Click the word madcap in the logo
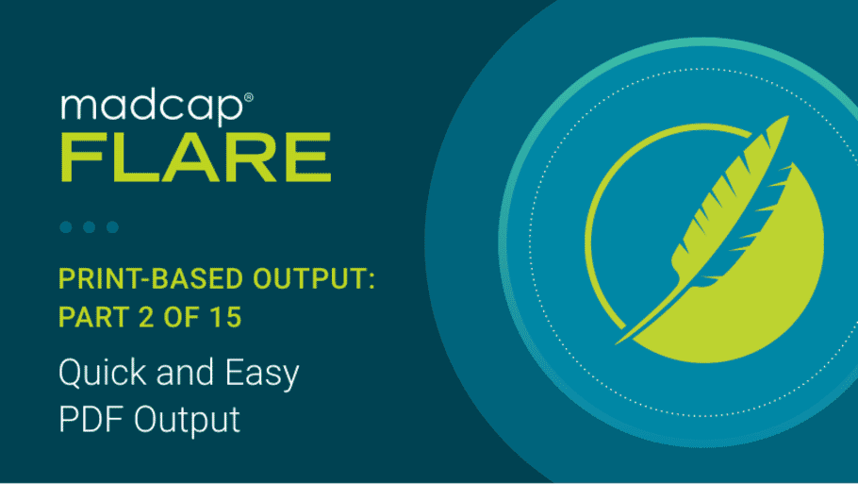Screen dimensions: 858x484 (152, 108)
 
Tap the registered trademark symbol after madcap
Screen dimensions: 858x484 (248, 98)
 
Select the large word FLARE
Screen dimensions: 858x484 (196, 158)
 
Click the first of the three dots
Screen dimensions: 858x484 (66, 226)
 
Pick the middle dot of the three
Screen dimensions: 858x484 (90, 226)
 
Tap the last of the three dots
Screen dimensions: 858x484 (113, 226)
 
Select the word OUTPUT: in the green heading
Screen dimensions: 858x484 (314, 278)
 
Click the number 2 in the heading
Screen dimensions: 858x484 (147, 317)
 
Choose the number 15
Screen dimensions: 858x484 (226, 317)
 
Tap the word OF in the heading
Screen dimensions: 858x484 (184, 317)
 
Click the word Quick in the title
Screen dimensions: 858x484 (103, 373)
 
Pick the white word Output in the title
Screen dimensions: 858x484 (187, 422)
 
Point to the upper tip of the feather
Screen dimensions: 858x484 (788, 116)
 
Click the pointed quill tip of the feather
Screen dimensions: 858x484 (618, 343)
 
